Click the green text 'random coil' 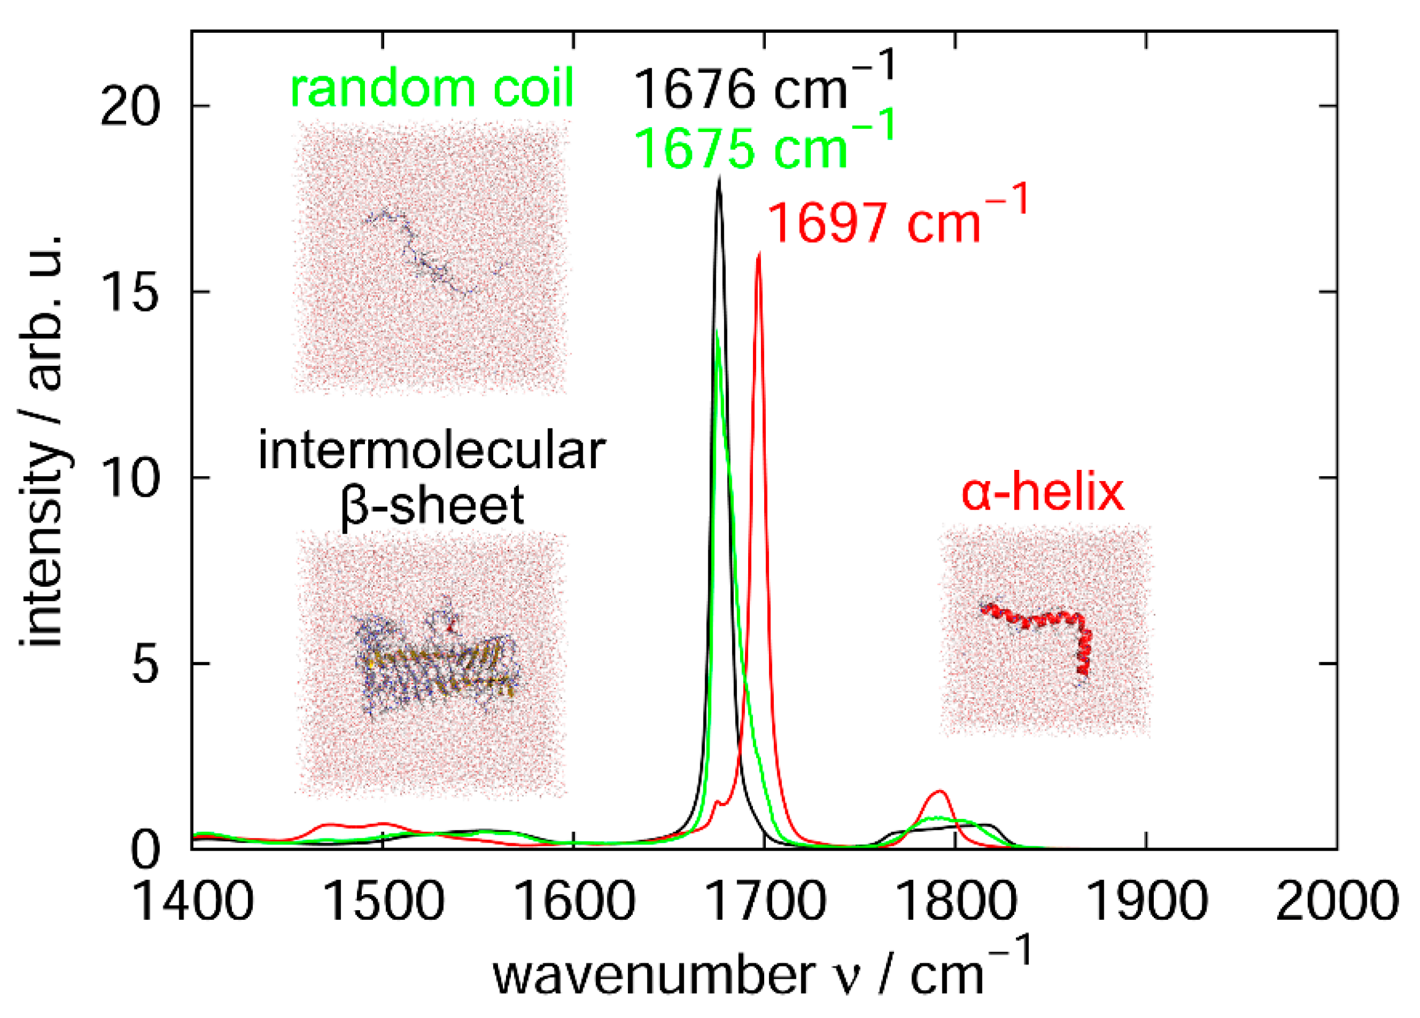[x=431, y=87]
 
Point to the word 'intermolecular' [x=431, y=451]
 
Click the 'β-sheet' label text [x=431, y=506]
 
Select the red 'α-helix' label [x=1042, y=493]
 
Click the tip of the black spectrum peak [x=719, y=180]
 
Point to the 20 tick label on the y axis [x=129, y=108]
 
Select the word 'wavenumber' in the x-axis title [x=654, y=976]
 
